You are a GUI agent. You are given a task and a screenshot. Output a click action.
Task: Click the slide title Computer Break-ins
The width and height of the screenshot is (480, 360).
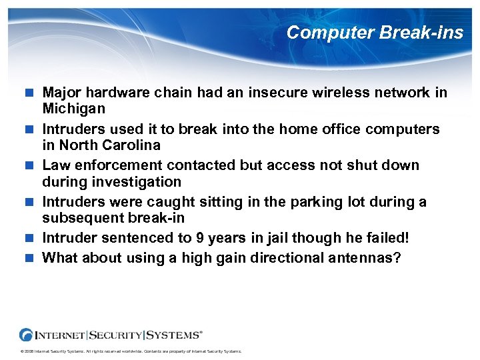pyautogui.click(x=375, y=33)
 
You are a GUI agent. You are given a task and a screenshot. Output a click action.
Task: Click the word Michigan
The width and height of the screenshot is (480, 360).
pyautogui.click(x=74, y=108)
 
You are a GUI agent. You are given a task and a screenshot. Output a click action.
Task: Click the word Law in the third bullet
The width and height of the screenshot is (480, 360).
pyautogui.click(x=55, y=165)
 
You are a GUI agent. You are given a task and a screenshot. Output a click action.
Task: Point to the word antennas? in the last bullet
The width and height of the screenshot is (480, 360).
pyautogui.click(x=364, y=257)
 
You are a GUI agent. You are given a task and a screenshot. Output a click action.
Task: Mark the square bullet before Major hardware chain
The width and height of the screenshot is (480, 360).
pyautogui.click(x=30, y=93)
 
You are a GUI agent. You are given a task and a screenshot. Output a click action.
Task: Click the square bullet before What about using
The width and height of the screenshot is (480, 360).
pyautogui.click(x=30, y=257)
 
